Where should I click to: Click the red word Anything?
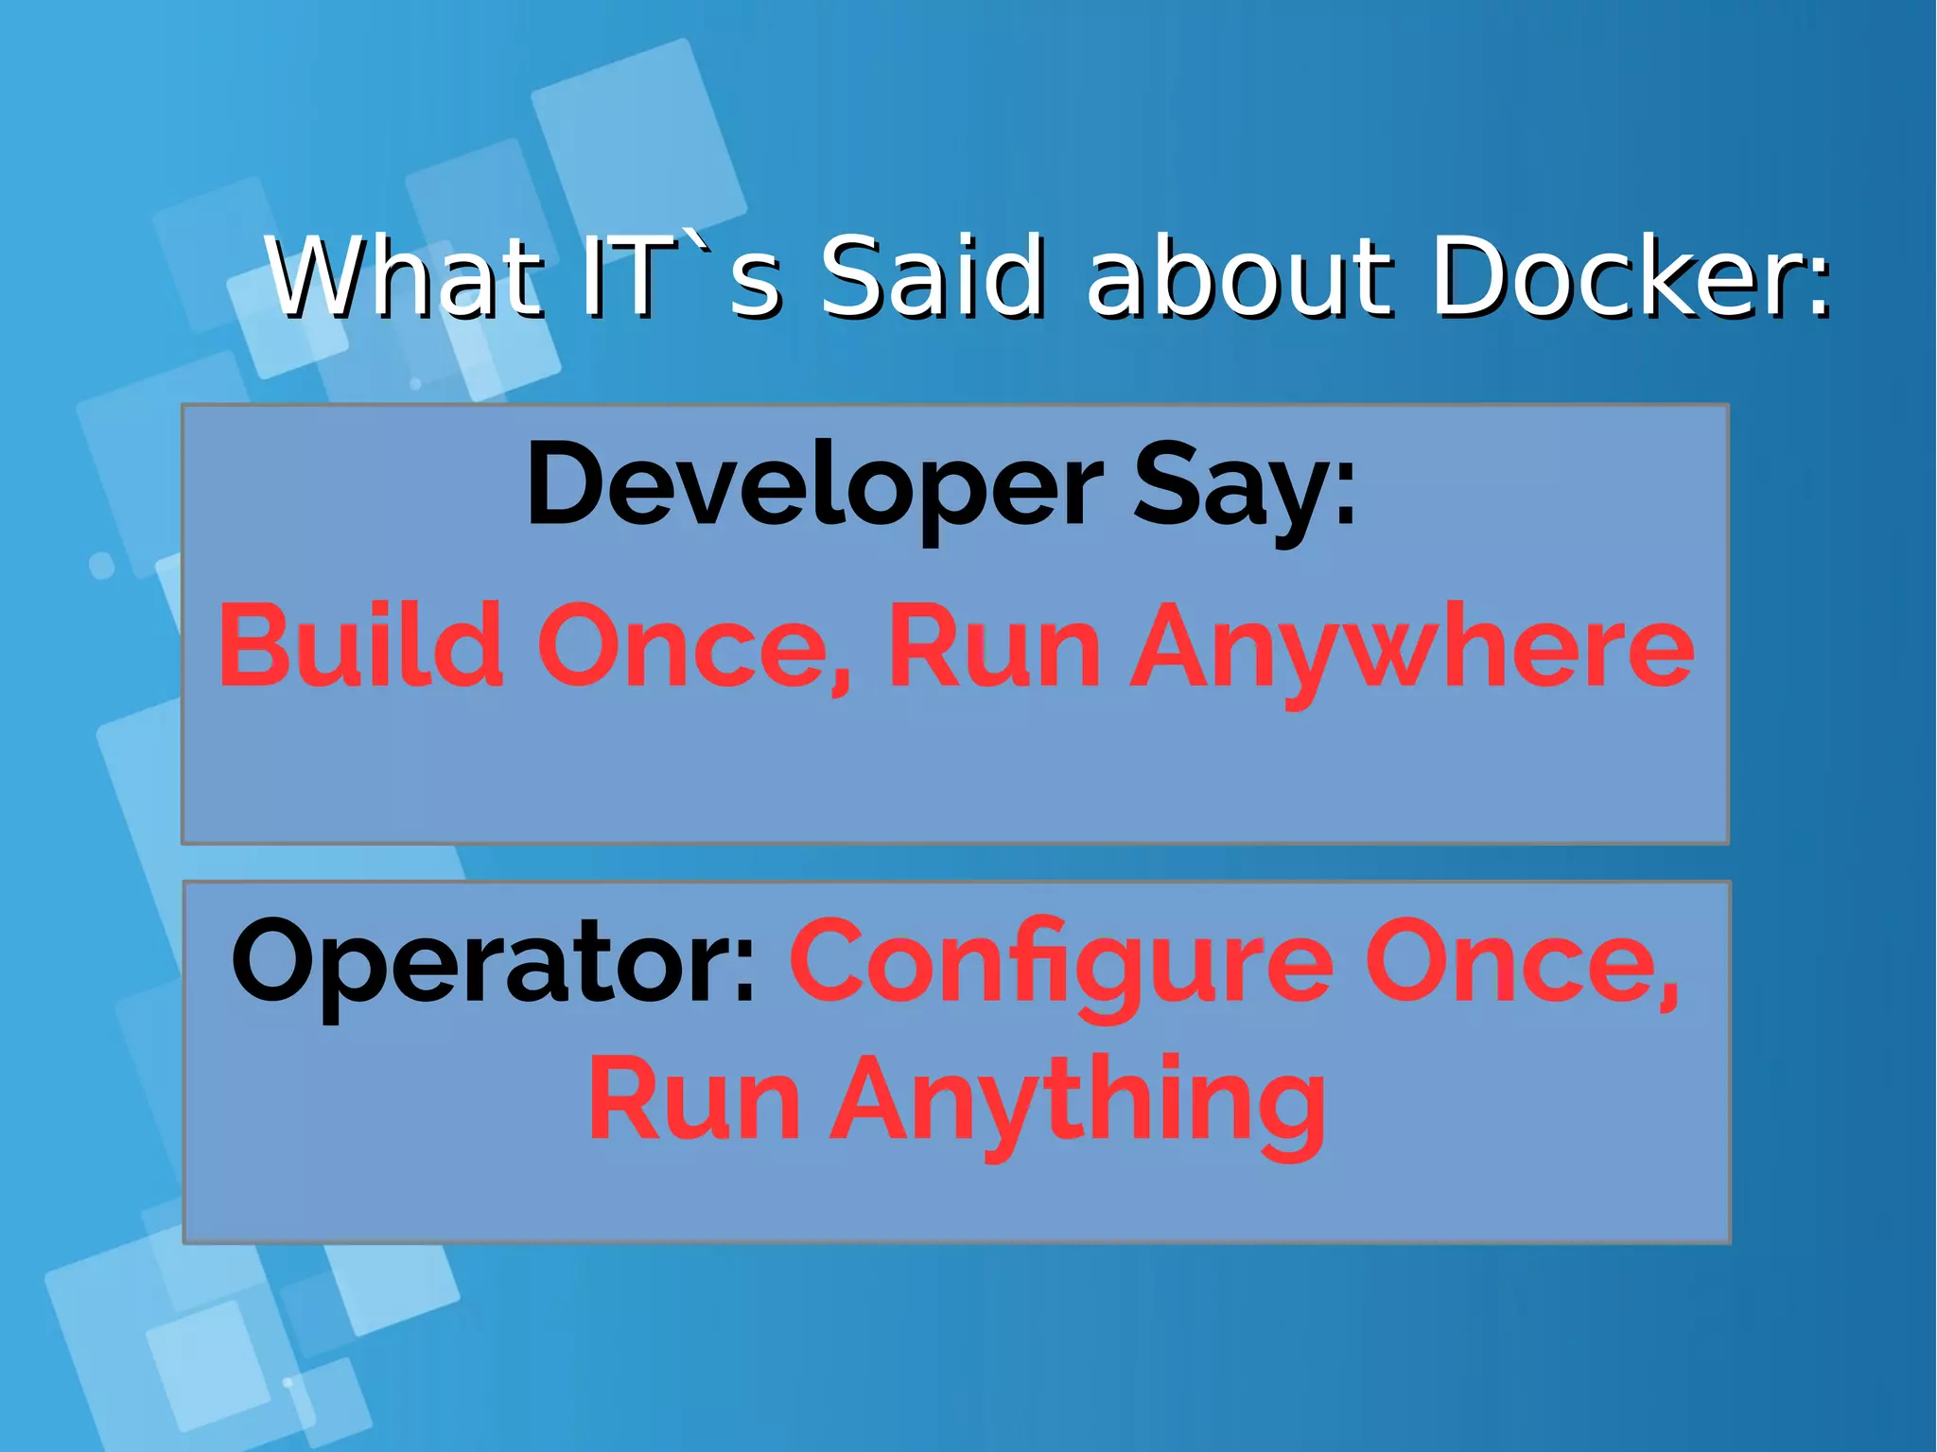point(1079,1103)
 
